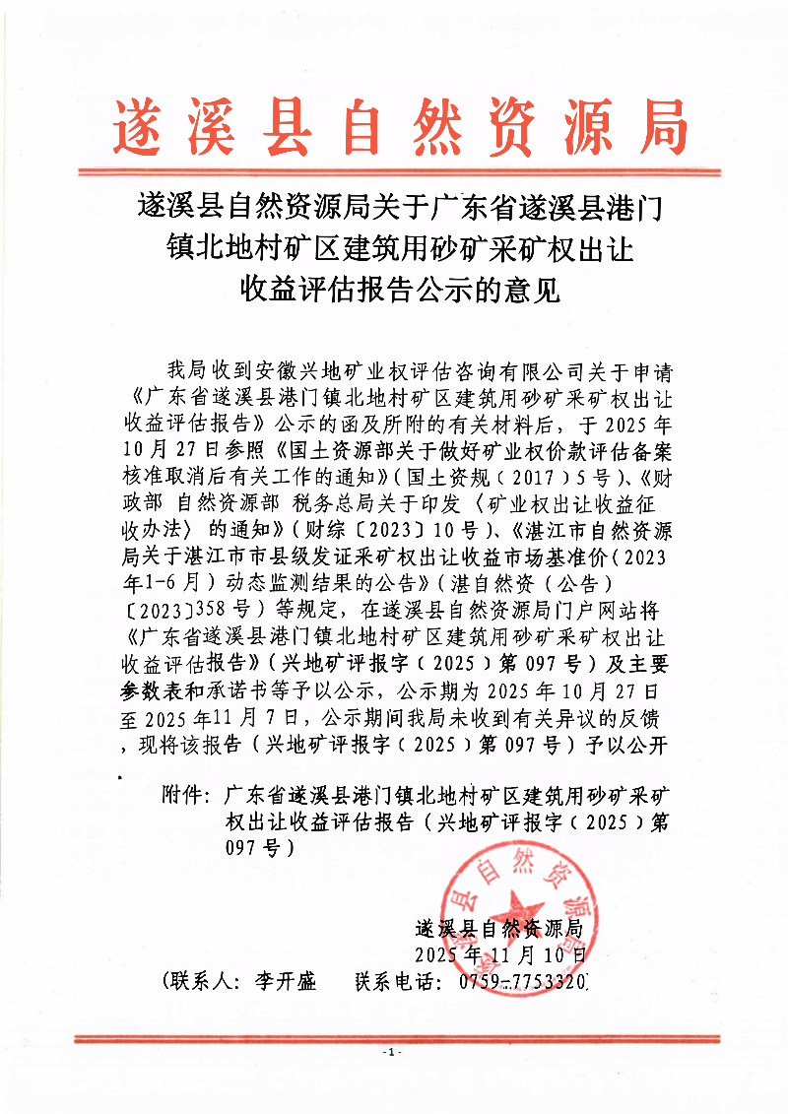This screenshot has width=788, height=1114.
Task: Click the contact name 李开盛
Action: [x=285, y=982]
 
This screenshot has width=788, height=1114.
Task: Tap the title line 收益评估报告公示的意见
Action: [x=399, y=290]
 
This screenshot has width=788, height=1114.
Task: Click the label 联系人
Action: [x=201, y=982]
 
